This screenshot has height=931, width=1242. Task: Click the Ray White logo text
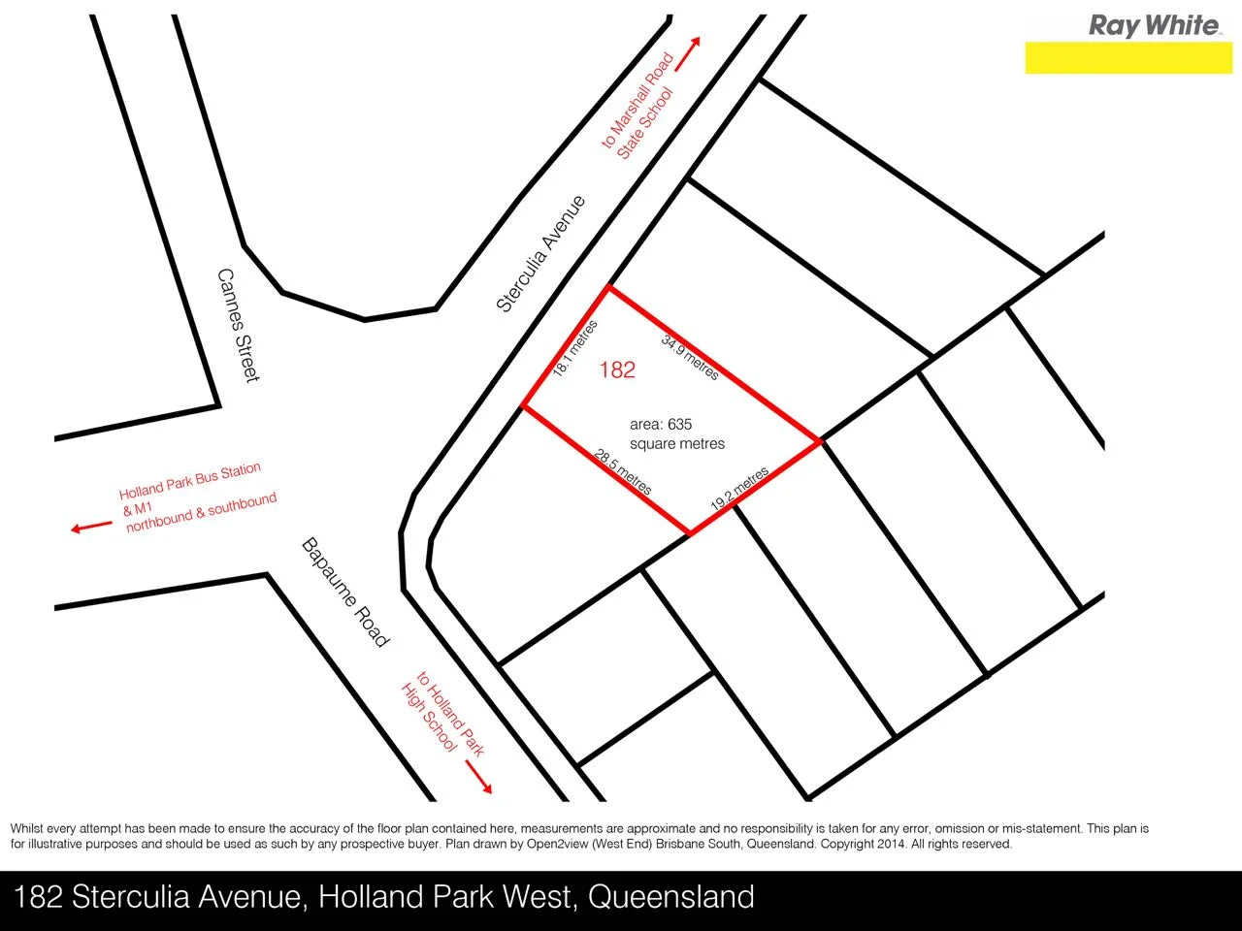click(1154, 25)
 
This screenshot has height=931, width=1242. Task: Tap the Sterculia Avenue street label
click(541, 254)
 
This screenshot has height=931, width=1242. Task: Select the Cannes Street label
click(239, 325)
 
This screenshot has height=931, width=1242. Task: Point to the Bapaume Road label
click(345, 592)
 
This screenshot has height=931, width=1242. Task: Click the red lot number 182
click(617, 369)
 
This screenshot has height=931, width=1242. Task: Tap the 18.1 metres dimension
click(574, 348)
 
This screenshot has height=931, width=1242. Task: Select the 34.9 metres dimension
click(690, 357)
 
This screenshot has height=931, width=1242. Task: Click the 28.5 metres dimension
click(623, 471)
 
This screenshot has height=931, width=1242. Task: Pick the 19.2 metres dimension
click(739, 489)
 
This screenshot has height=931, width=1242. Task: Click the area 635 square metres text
click(676, 433)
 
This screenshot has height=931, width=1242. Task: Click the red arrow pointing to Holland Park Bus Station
click(91, 527)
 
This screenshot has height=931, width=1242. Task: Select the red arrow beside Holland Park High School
click(478, 777)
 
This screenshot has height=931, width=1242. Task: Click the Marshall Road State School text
click(638, 108)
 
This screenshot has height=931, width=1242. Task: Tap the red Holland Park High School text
click(441, 713)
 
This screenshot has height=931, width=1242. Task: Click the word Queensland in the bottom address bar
click(670, 897)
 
